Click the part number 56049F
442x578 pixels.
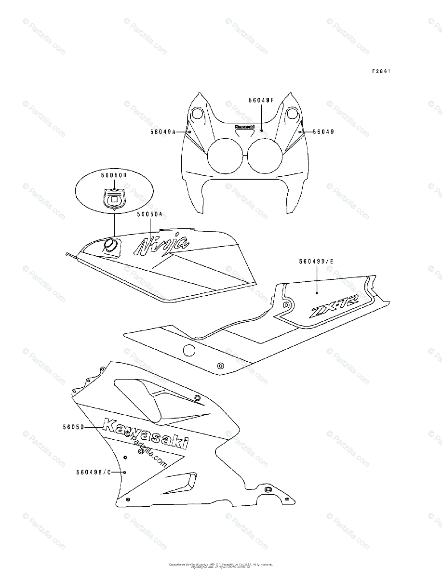[x=261, y=100]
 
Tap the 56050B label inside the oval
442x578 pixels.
[x=114, y=176]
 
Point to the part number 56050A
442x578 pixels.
[x=150, y=214]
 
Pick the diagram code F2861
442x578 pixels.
[x=380, y=71]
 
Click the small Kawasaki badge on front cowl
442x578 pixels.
[x=244, y=127]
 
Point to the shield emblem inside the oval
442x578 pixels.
[x=114, y=198]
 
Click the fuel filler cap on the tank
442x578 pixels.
[x=111, y=246]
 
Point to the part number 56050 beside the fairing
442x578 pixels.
[x=73, y=427]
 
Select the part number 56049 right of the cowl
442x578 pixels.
[x=323, y=131]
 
